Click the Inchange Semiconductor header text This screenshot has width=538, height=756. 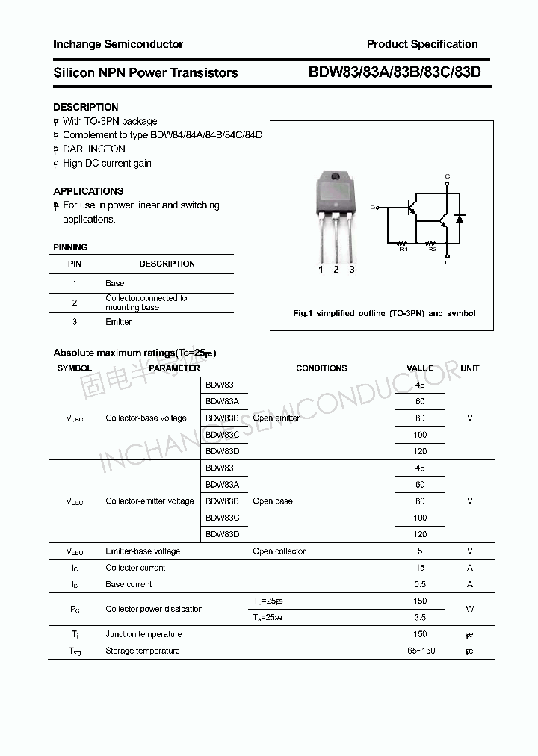point(118,44)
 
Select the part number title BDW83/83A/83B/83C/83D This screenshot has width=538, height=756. point(395,72)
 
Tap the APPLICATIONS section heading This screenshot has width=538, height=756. point(88,191)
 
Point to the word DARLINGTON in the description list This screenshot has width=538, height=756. point(94,149)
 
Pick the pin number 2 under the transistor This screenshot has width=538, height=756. point(336,270)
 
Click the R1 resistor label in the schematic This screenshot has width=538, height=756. point(403,249)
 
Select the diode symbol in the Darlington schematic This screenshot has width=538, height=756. point(460,219)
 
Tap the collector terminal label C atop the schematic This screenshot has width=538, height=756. point(447,176)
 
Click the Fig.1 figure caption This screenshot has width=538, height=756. point(383,313)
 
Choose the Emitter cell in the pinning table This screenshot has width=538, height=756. point(118,322)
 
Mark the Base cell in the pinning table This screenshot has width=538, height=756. point(115,283)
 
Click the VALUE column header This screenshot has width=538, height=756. point(420,368)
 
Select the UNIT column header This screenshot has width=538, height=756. point(470,368)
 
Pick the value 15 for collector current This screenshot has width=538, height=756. point(420,568)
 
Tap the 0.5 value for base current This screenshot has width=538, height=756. point(420,584)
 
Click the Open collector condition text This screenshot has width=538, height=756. point(279,551)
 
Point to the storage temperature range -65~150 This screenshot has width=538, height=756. point(420,651)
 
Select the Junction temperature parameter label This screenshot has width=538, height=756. point(143,634)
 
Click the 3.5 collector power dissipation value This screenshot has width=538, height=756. point(420,617)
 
